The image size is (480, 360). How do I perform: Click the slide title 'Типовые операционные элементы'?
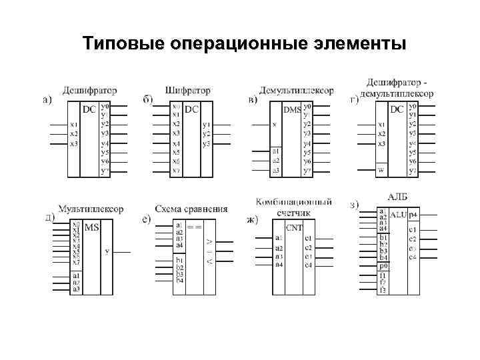244,44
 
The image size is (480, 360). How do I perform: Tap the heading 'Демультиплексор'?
295,90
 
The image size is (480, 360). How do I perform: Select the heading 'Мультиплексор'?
91,209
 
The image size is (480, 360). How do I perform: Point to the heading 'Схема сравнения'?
191,209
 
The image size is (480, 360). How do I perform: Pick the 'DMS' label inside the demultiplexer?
292,109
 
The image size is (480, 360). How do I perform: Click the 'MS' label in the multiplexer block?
92,227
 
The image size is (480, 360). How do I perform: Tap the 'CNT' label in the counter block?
294,227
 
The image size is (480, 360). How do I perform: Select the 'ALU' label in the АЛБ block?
398,215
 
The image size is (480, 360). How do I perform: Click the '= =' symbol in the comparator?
194,227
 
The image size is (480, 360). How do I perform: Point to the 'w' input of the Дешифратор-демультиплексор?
381,169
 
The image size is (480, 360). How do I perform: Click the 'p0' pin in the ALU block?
383,265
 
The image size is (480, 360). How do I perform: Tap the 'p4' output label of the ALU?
413,215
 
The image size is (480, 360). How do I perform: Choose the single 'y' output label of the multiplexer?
107,252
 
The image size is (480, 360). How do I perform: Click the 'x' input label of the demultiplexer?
275,125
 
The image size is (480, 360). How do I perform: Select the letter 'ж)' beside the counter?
251,219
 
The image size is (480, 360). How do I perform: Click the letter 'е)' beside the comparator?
147,218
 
